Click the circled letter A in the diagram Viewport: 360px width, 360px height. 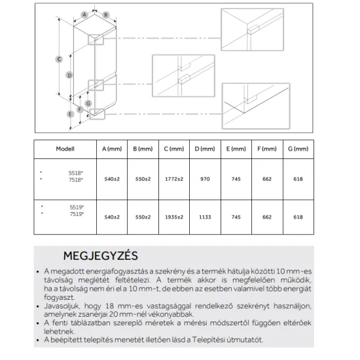point(84,14)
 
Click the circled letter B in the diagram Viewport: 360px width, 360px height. point(105,14)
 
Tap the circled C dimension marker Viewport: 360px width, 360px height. point(59,59)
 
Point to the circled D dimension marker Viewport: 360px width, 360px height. point(69,75)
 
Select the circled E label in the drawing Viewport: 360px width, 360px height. point(70,114)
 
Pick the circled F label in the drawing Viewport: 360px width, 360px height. point(80,109)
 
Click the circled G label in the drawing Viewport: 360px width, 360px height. point(88,103)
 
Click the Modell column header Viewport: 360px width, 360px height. point(65,149)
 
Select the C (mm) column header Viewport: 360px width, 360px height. point(174,149)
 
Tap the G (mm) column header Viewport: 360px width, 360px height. point(298,149)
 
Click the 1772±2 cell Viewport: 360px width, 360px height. point(174,179)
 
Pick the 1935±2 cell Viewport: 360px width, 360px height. point(174,217)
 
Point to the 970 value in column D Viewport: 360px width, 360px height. point(205,179)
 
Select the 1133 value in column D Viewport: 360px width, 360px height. point(205,217)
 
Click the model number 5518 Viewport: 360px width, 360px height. point(75,173)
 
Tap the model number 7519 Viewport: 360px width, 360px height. point(77,214)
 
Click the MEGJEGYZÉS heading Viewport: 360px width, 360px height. point(101,256)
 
